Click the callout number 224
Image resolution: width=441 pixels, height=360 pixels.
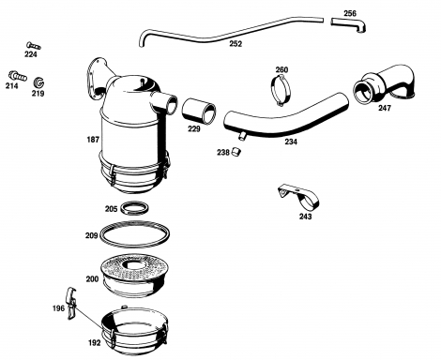[x=31, y=54]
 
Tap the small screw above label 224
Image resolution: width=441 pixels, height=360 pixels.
[x=34, y=46]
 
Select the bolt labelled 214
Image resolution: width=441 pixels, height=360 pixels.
[x=18, y=76]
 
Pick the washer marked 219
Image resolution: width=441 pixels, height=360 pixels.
[x=38, y=82]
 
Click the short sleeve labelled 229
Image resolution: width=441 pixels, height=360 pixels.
[x=199, y=112]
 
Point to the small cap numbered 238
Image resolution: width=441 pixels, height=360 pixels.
[x=236, y=152]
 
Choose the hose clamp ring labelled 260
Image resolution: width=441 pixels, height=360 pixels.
[x=281, y=90]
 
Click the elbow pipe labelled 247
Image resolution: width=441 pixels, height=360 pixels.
[x=385, y=83]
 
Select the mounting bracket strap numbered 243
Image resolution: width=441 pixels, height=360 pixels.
[x=298, y=197]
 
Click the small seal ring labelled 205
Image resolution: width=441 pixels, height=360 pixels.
[x=134, y=208]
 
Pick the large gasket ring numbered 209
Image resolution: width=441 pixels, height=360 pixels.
[x=134, y=234]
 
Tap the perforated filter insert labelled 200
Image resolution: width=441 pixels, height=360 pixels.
[x=135, y=275]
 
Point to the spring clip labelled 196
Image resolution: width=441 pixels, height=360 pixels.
[x=72, y=303]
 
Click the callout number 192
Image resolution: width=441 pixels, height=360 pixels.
[x=95, y=343]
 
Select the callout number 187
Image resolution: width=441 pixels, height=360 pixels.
[x=93, y=140]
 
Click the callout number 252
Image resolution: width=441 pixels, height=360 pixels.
[x=236, y=44]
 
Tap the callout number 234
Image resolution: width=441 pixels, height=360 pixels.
[x=291, y=142]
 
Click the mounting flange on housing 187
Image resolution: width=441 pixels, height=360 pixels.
[x=96, y=79]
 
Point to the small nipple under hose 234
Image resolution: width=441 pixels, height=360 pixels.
[x=242, y=136]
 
